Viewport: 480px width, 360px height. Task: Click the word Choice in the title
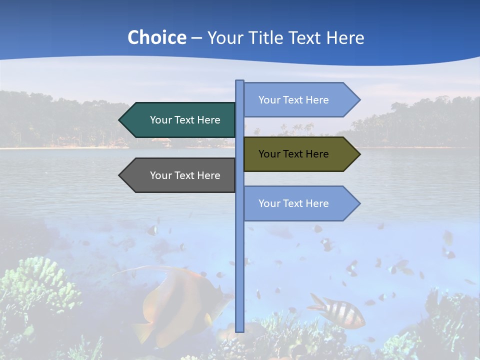pyautogui.click(x=156, y=38)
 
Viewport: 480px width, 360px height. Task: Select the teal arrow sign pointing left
pyautogui.click(x=180, y=120)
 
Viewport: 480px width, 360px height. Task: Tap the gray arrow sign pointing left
pyautogui.click(x=180, y=175)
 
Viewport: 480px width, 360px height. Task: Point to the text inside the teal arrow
pyautogui.click(x=185, y=120)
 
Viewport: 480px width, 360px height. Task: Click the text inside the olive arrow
pyautogui.click(x=293, y=154)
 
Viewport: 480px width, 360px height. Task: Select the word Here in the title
pyautogui.click(x=345, y=38)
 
